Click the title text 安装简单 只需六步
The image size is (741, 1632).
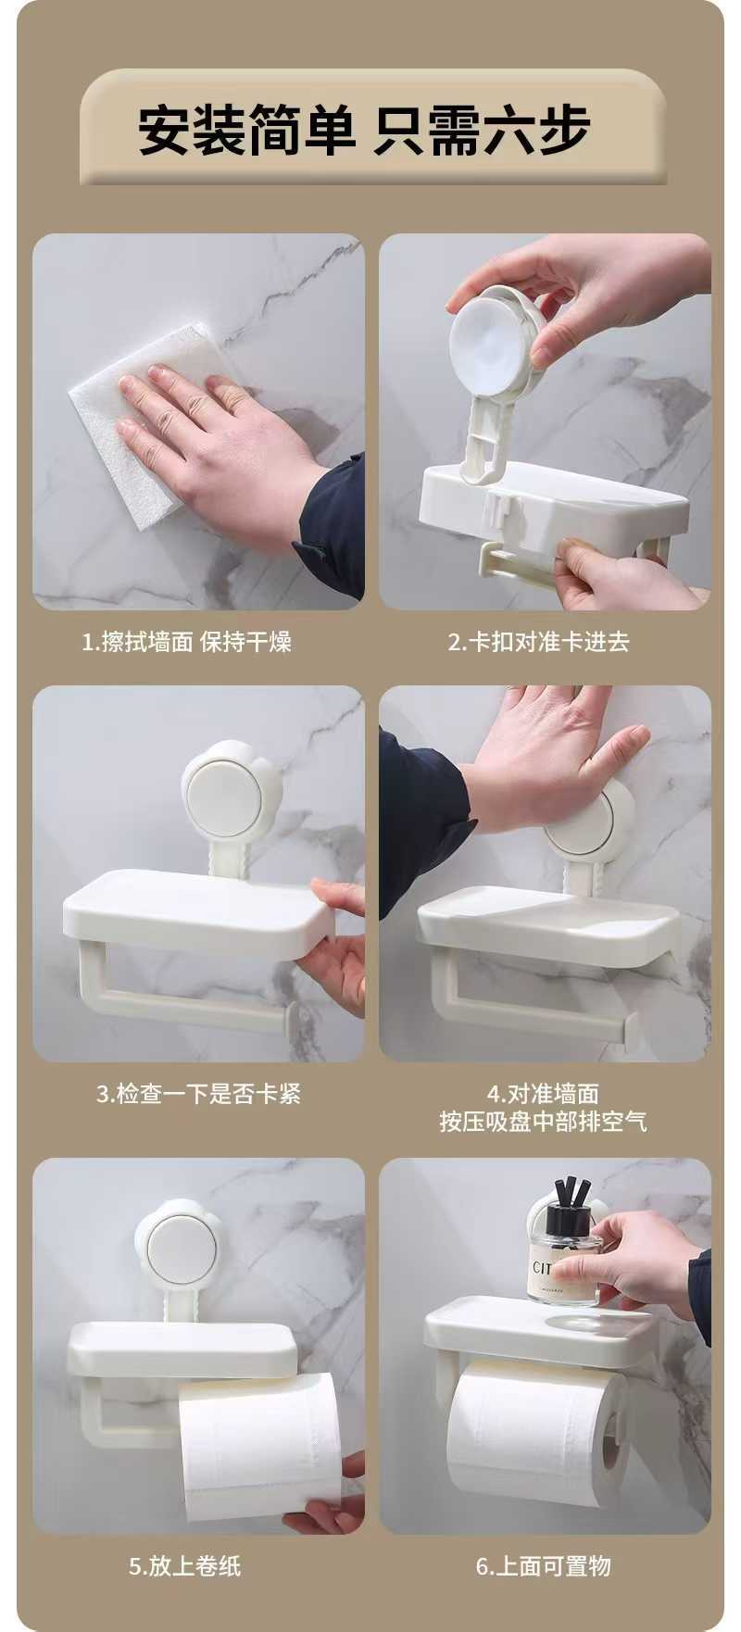[364, 130]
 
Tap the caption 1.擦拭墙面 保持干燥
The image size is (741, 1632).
[186, 642]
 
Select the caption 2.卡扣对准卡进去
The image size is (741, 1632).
[538, 642]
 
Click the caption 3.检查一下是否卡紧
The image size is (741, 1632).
[198, 1094]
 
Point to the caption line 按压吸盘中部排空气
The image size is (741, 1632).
[543, 1122]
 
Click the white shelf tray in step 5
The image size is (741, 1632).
[182, 1348]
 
